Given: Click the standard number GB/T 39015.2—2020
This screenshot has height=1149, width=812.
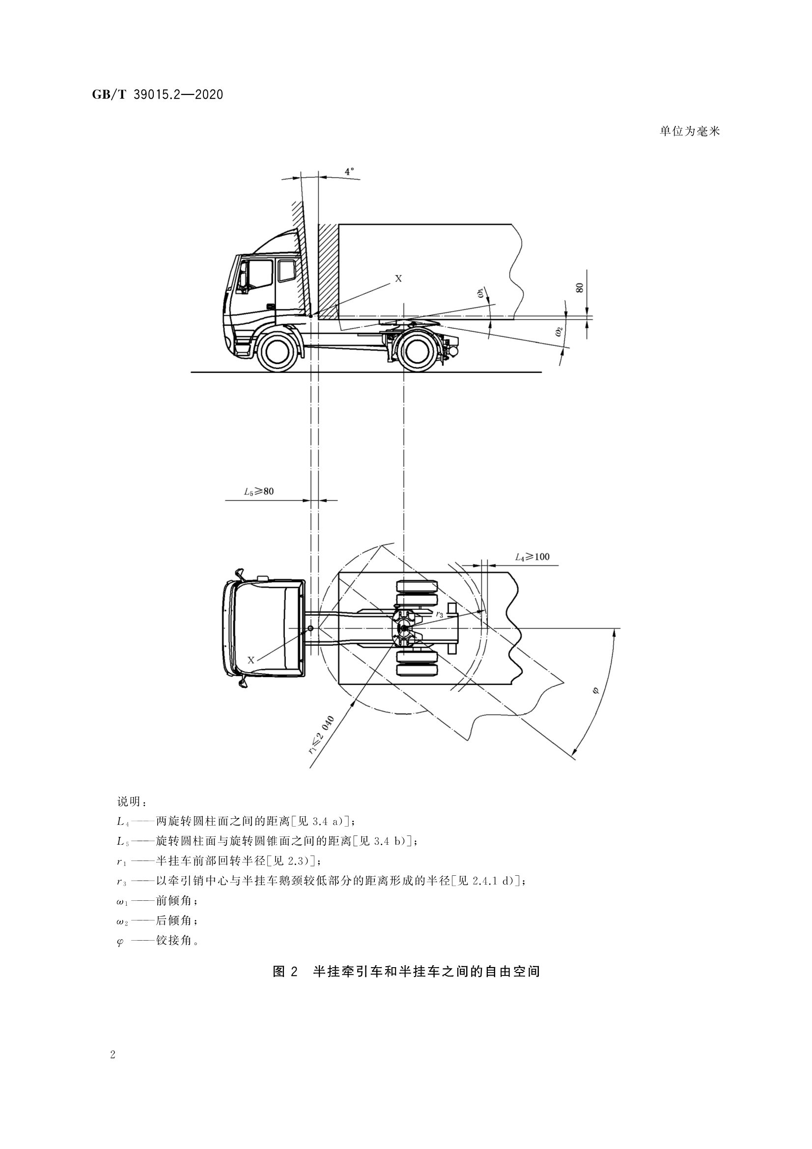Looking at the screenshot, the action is (158, 94).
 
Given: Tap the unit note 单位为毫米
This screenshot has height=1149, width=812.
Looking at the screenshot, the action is (689, 132).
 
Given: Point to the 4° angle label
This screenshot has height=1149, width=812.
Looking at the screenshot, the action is (349, 172).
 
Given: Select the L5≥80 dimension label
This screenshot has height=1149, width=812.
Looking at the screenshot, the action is (259, 491).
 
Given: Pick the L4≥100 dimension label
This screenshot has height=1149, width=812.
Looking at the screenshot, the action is (532, 556).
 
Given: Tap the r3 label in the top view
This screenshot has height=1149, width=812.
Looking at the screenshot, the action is (439, 614).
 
